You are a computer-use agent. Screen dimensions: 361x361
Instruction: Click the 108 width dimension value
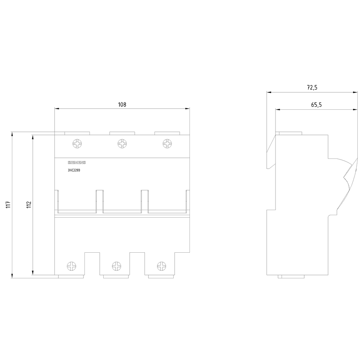pyautogui.click(x=122, y=105)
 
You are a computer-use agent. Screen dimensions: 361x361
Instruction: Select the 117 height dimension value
pyautogui.click(x=8, y=205)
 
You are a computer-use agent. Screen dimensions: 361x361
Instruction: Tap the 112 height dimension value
pyautogui.click(x=29, y=205)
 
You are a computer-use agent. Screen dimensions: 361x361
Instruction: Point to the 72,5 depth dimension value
pyautogui.click(x=312, y=87)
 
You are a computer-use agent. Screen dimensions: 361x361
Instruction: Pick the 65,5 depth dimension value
pyautogui.click(x=316, y=105)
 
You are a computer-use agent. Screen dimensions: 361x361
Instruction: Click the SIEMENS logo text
pyautogui.click(x=77, y=162)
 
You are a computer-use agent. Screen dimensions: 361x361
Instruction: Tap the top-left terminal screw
pyautogui.click(x=77, y=144)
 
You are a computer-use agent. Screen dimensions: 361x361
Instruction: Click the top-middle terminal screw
pyautogui.click(x=122, y=144)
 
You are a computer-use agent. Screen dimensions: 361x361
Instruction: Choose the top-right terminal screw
pyautogui.click(x=168, y=144)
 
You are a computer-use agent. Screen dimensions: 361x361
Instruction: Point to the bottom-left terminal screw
pyautogui.click(x=71, y=266)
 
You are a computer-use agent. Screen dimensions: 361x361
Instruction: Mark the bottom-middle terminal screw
pyautogui.click(x=117, y=266)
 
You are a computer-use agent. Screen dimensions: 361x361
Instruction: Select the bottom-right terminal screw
pyautogui.click(x=161, y=266)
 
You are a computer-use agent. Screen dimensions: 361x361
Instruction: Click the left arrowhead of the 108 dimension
pyautogui.click(x=57, y=108)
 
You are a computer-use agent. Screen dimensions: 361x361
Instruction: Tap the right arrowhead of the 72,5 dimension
pyautogui.click(x=356, y=92)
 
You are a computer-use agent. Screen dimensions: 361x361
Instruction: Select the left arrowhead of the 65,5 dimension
pyautogui.click(x=278, y=110)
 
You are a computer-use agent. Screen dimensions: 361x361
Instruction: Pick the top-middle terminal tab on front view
pyautogui.click(x=122, y=133)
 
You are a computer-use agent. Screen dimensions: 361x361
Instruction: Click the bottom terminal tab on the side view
pyautogui.click(x=291, y=277)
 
